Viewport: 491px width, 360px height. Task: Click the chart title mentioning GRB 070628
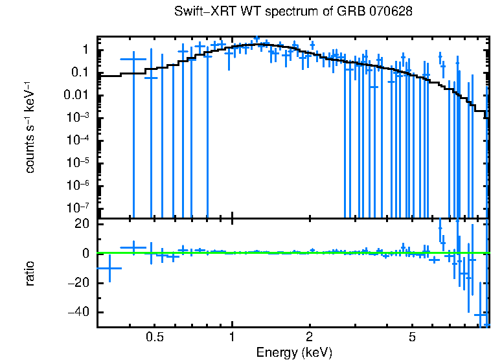tap(293, 12)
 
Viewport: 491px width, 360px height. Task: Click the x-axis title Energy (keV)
tap(294, 352)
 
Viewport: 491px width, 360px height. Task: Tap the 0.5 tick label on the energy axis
tap(154, 338)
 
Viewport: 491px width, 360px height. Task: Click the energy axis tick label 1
tap(232, 338)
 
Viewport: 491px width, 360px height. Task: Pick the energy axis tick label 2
tap(310, 338)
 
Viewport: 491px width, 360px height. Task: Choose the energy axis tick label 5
tap(412, 338)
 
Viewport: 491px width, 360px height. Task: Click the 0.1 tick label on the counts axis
tap(80, 73)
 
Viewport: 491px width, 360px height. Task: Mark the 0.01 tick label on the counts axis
tap(76, 95)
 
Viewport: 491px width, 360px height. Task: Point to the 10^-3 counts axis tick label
tap(76, 117)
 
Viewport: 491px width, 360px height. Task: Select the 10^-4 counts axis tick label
tap(76, 140)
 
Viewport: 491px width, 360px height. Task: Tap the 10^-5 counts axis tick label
tap(76, 163)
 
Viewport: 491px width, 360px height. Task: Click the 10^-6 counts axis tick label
tap(76, 185)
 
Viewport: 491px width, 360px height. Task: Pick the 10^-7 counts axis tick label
tap(76, 208)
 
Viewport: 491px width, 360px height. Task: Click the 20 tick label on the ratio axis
tap(82, 224)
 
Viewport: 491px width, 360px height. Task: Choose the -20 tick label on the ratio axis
tap(78, 283)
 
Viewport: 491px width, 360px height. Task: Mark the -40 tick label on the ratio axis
tap(78, 313)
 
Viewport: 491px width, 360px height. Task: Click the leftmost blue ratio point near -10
tap(109, 268)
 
